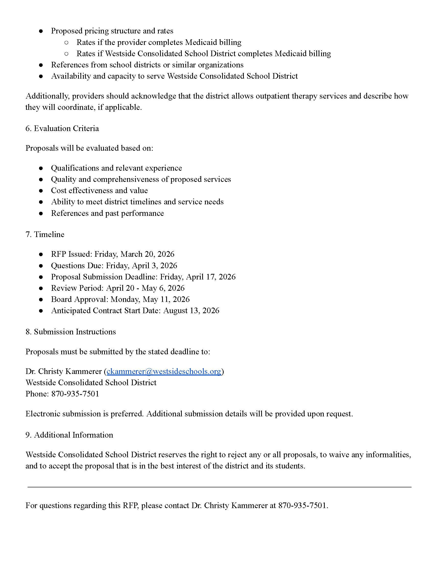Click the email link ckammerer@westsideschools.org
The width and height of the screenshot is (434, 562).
coord(164,371)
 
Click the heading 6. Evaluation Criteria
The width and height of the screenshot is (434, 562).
coord(62,128)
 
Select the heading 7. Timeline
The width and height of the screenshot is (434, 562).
coord(45,235)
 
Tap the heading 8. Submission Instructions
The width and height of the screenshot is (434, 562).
coord(70,332)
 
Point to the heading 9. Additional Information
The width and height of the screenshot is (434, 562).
coord(69,435)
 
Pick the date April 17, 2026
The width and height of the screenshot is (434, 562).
coord(211,277)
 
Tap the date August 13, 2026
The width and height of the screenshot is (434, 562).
coord(191,311)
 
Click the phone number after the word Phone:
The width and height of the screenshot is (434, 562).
coord(75,394)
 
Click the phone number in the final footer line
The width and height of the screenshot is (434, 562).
coord(302,506)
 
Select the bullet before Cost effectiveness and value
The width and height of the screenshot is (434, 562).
coord(41,191)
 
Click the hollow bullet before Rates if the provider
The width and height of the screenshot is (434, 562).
coord(66,42)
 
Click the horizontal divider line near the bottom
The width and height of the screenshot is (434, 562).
coord(219,487)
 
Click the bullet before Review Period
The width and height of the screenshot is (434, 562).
coord(41,288)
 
